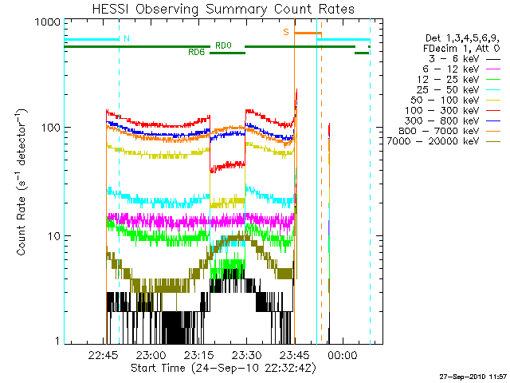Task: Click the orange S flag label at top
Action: coord(285,33)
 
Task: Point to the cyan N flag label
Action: coord(126,38)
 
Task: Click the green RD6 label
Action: coord(196,53)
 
